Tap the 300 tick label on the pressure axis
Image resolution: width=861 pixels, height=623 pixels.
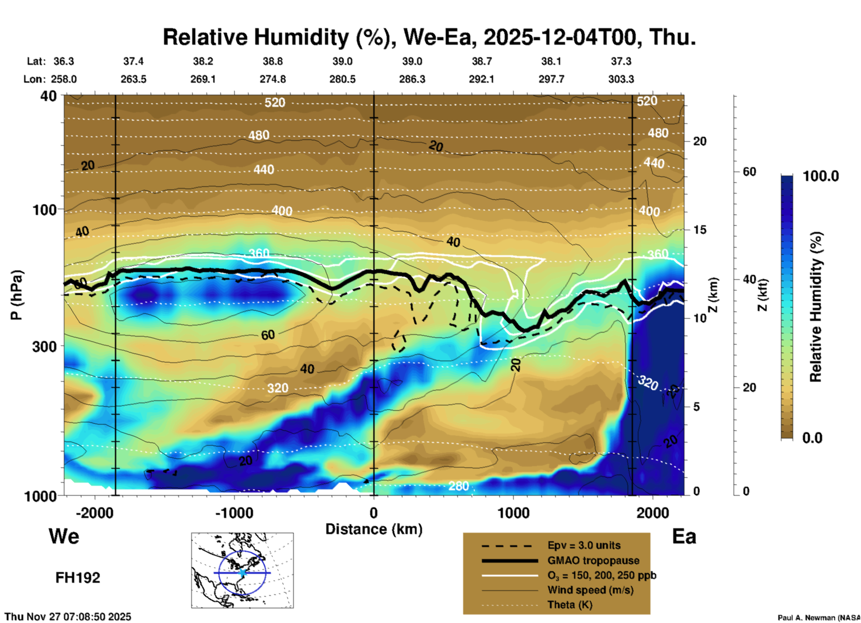(x=45, y=346)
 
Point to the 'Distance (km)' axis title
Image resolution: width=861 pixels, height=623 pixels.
(x=374, y=529)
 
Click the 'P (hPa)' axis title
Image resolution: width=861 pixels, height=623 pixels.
(x=16, y=295)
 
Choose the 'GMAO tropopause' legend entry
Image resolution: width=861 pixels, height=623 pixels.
(x=593, y=560)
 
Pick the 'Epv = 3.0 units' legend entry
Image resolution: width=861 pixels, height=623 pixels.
(x=584, y=545)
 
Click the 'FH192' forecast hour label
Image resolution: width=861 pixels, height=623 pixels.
(x=77, y=578)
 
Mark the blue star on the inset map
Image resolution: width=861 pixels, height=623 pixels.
(x=242, y=572)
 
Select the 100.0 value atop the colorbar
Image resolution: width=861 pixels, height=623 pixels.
(x=821, y=176)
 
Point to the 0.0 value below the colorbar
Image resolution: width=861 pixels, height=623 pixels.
(x=812, y=438)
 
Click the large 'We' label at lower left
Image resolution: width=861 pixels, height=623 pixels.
(x=64, y=536)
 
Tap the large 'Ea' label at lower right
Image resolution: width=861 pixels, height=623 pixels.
(x=684, y=536)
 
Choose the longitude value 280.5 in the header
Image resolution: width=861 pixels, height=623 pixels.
(x=342, y=79)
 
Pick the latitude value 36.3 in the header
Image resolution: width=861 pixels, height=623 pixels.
(x=63, y=61)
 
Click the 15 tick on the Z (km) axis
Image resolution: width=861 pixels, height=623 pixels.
(x=700, y=230)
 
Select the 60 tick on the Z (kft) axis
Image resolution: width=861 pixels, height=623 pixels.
(x=749, y=172)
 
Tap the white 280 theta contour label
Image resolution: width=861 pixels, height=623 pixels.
(x=459, y=486)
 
